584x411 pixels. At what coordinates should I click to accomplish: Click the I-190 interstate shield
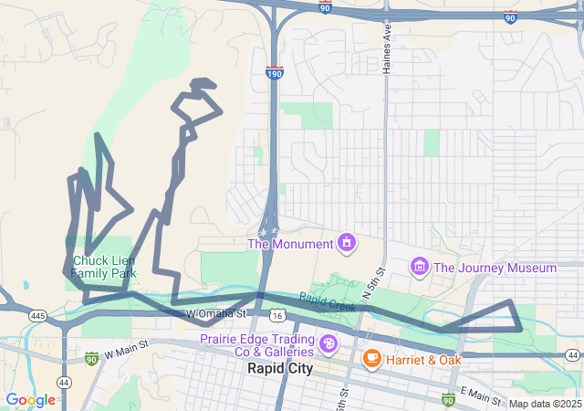(x=274, y=72)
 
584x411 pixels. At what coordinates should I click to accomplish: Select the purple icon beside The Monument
(x=346, y=243)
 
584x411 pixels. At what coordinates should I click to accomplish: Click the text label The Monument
(x=290, y=244)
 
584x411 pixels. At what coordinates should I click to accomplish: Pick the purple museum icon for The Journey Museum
(x=419, y=267)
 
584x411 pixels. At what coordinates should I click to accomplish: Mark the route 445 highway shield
(x=37, y=315)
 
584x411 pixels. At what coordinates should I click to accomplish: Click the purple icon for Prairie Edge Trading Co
(x=328, y=345)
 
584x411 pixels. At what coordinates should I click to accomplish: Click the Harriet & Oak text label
(x=422, y=359)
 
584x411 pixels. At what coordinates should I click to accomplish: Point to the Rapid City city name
(x=279, y=369)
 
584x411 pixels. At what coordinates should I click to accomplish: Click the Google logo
(x=30, y=400)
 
